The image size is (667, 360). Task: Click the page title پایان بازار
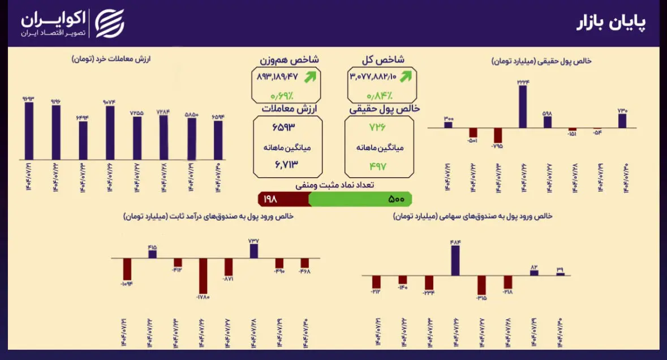click(611, 23)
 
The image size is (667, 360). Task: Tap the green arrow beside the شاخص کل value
click(406, 76)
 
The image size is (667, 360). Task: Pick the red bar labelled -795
click(498, 135)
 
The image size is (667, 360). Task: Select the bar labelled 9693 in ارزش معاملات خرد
click(29, 131)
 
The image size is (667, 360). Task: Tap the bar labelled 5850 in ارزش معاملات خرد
click(192, 139)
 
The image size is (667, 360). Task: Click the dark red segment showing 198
click(283, 199)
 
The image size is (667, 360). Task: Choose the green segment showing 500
click(360, 199)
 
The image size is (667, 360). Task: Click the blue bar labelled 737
click(253, 252)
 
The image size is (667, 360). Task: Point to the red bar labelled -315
click(481, 285)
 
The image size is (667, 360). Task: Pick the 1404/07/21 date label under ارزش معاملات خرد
click(29, 177)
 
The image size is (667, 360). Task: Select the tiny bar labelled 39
click(560, 274)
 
